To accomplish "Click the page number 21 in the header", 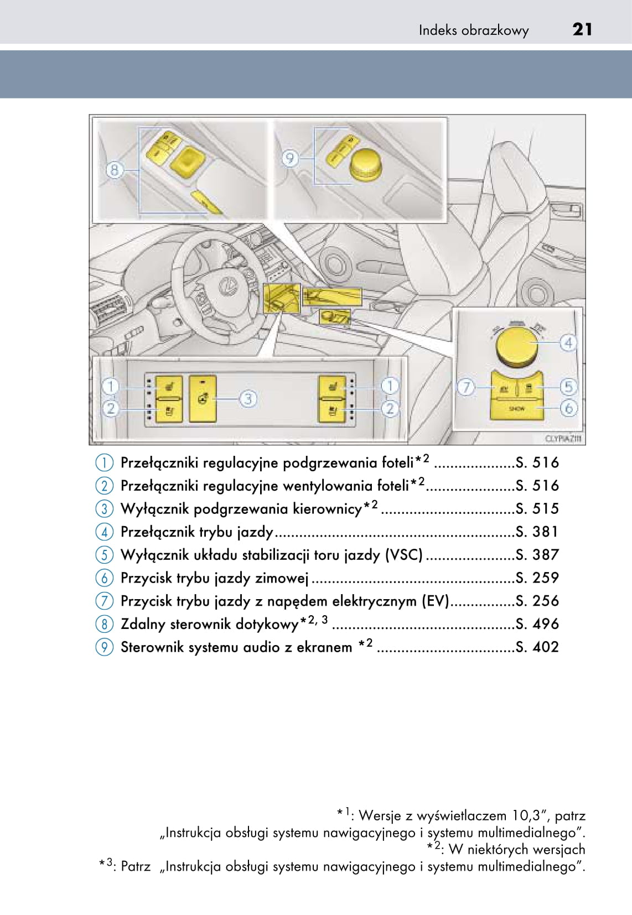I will [x=582, y=29].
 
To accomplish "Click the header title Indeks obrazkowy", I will [x=473, y=30].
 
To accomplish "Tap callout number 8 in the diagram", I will [x=115, y=169].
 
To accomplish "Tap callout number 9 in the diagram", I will [x=290, y=159].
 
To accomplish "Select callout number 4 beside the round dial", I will [x=568, y=343].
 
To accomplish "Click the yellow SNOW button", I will [x=516, y=409].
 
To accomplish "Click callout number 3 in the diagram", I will [x=248, y=398].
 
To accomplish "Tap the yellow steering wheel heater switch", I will [x=203, y=398].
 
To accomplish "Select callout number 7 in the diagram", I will [x=466, y=387].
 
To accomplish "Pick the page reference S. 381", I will [x=537, y=532].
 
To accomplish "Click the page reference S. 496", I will [x=537, y=624].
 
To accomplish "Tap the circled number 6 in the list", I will [x=104, y=578].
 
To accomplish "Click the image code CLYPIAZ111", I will [x=563, y=439].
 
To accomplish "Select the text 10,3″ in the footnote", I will [x=530, y=815].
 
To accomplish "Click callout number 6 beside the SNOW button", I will [x=568, y=409].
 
